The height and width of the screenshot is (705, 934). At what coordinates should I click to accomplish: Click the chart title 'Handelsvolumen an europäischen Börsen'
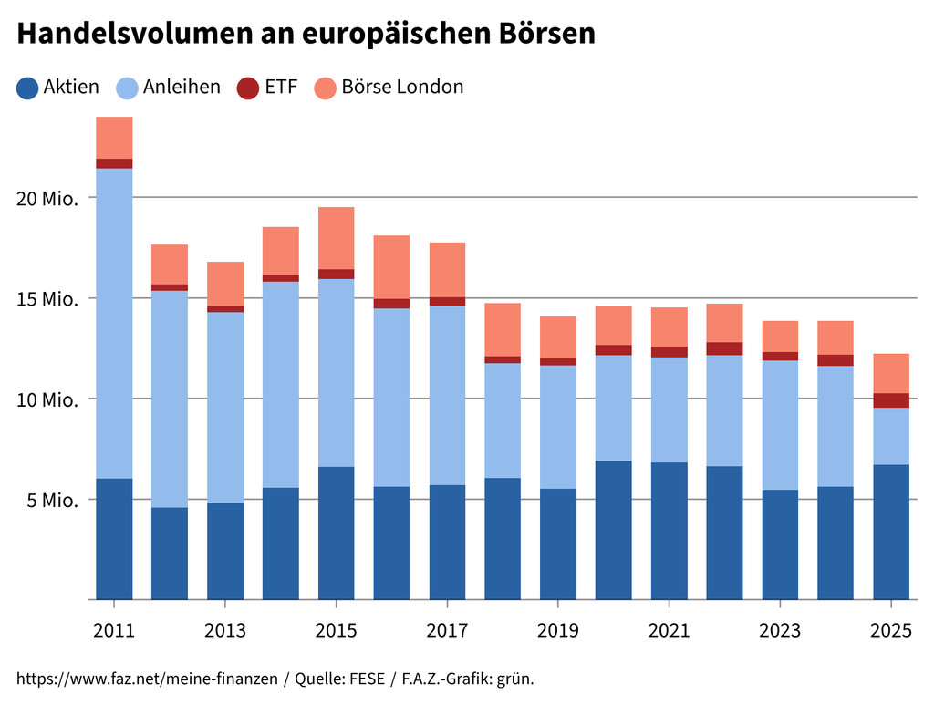coord(306,34)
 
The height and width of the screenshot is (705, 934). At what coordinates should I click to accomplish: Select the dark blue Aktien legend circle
coord(27,88)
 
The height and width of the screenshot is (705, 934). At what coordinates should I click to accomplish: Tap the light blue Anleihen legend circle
coord(127,88)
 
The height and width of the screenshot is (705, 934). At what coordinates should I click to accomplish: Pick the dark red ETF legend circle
coord(248,88)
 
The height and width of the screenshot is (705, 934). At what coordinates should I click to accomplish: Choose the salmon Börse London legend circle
coord(326,88)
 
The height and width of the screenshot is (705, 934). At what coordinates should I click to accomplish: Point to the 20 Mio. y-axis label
coord(47,198)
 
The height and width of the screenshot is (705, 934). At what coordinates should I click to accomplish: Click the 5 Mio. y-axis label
coord(52,500)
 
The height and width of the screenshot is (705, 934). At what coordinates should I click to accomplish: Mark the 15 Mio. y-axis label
coord(47,299)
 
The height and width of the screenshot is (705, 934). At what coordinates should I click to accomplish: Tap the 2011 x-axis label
coord(114,630)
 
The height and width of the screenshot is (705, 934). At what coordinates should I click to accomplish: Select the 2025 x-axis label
coord(891,630)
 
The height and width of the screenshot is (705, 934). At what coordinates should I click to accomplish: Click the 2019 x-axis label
coord(558,630)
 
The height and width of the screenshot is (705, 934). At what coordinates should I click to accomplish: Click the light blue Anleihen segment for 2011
coord(114,324)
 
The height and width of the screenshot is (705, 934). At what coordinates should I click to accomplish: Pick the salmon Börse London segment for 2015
coord(337,238)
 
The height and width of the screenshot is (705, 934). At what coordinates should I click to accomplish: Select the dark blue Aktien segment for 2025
coord(891,532)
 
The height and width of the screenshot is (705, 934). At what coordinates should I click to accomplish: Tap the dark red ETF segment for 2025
coord(891,400)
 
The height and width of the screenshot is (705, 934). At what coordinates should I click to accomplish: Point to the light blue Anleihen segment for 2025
coord(891,437)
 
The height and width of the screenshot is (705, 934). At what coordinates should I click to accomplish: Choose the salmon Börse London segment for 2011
coord(114,138)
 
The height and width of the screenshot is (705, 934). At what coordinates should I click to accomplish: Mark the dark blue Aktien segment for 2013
coord(225,551)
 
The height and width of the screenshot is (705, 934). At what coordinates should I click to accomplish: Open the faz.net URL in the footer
coord(147,679)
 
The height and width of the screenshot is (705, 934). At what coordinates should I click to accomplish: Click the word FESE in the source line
coord(367,679)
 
